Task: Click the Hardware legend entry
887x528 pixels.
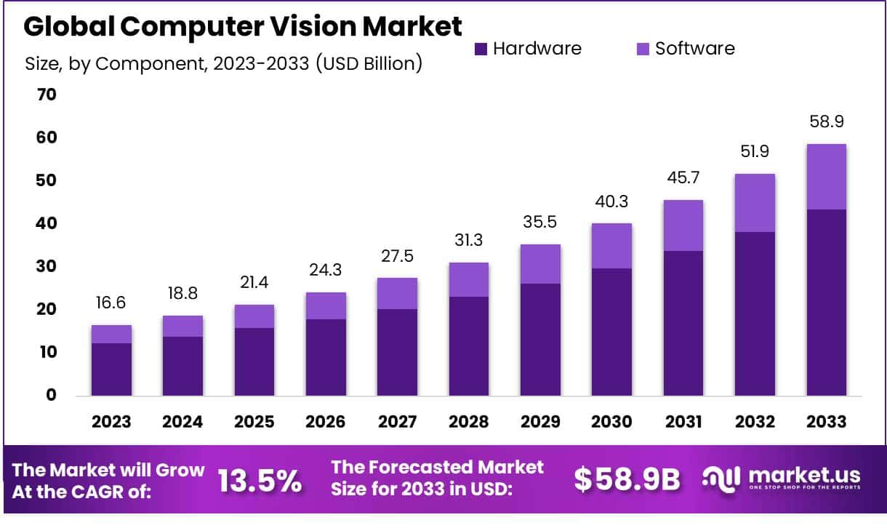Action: point(528,49)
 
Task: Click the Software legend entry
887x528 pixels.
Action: point(686,49)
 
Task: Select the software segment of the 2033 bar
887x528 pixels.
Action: point(826,177)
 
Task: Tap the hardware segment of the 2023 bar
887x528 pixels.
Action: point(111,369)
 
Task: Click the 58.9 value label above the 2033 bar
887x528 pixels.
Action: point(826,121)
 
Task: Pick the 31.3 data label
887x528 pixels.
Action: point(468,240)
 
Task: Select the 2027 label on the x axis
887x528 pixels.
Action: point(397,422)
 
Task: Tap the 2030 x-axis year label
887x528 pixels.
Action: point(611,422)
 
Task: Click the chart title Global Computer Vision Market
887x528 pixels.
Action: point(243,27)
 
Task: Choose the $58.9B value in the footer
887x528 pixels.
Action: point(627,479)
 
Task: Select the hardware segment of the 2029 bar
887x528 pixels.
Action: point(540,339)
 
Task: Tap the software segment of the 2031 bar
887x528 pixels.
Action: point(683,225)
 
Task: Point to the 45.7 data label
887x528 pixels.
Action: point(683,177)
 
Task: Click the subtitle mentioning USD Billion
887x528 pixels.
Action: point(223,63)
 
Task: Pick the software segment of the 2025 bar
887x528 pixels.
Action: point(254,316)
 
